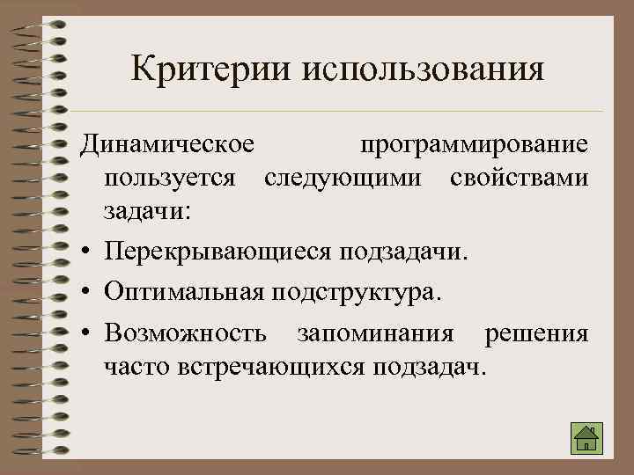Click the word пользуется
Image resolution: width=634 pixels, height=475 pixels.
(169, 177)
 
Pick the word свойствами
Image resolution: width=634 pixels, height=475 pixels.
(519, 177)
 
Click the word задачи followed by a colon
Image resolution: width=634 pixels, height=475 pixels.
(152, 212)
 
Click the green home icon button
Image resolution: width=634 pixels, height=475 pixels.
(586, 437)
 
